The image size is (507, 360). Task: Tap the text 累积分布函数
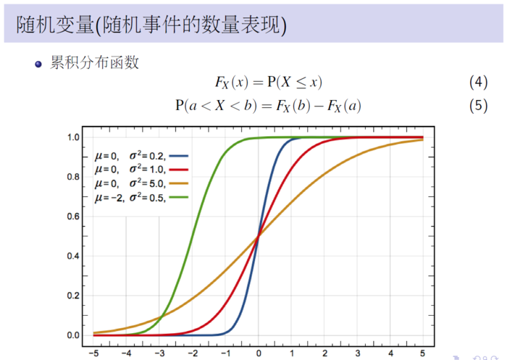(94, 63)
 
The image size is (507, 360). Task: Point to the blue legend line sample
(179, 155)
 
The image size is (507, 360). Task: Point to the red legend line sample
(179, 169)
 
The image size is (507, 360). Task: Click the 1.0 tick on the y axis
(73, 137)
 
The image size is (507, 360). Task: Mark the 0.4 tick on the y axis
(73, 256)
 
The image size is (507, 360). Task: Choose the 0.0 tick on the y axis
(73, 335)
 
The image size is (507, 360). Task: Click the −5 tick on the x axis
(93, 353)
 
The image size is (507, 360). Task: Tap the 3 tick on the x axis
(357, 353)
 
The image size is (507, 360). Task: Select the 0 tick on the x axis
(259, 353)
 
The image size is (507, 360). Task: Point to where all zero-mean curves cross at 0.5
(259, 236)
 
